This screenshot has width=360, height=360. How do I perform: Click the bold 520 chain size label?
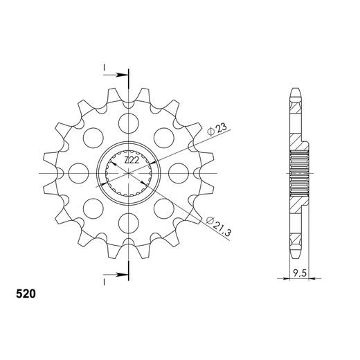tap(26, 294)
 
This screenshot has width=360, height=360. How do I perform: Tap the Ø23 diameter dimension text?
tap(217, 130)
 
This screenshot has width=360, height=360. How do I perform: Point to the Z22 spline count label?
tap(132, 160)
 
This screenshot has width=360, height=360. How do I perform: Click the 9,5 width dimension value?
tap(300, 273)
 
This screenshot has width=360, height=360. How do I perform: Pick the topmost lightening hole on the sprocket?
tap(129, 123)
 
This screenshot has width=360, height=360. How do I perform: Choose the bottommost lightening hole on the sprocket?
tap(129, 223)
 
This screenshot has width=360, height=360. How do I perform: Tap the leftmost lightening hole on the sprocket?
tap(79, 173)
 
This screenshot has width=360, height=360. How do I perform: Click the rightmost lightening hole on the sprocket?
tap(179, 173)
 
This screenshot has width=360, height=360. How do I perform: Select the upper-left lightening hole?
tap(93, 138)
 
